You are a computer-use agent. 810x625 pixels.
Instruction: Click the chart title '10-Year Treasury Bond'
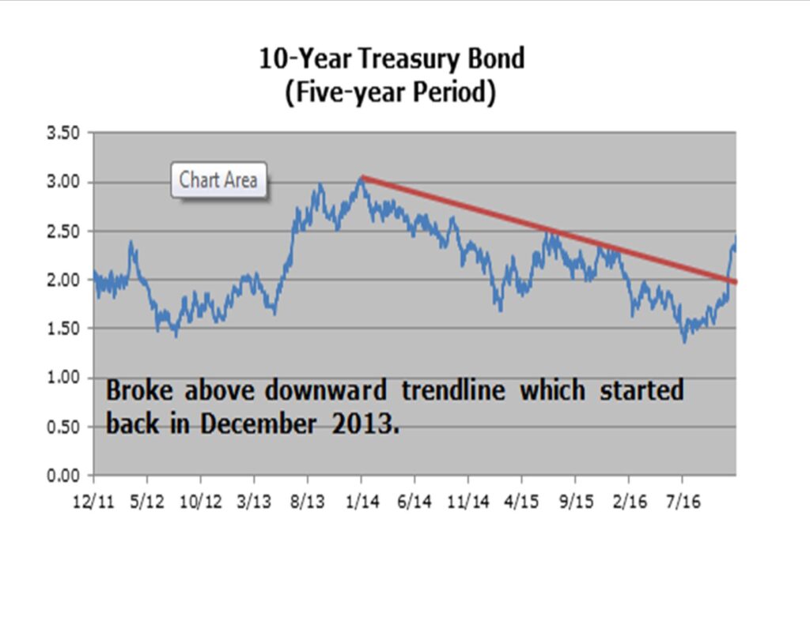pyautogui.click(x=392, y=58)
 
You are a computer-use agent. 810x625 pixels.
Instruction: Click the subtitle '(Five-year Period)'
pyautogui.click(x=392, y=92)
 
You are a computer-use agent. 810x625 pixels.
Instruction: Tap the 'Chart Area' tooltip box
pyautogui.click(x=218, y=180)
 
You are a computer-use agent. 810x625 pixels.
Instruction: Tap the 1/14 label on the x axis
pyautogui.click(x=361, y=503)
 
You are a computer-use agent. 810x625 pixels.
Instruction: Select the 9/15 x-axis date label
pyautogui.click(x=575, y=503)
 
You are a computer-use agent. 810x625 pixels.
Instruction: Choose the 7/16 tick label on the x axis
pyautogui.click(x=682, y=503)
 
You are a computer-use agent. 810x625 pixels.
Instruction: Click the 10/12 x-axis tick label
pyautogui.click(x=200, y=503)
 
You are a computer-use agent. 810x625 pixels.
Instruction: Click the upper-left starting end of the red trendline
pyautogui.click(x=362, y=177)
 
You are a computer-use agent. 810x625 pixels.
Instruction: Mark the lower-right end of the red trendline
pyautogui.click(x=735, y=281)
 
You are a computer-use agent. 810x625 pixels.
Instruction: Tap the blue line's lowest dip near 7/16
pyautogui.click(x=684, y=341)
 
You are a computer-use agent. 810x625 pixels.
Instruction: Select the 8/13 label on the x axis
pyautogui.click(x=308, y=503)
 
